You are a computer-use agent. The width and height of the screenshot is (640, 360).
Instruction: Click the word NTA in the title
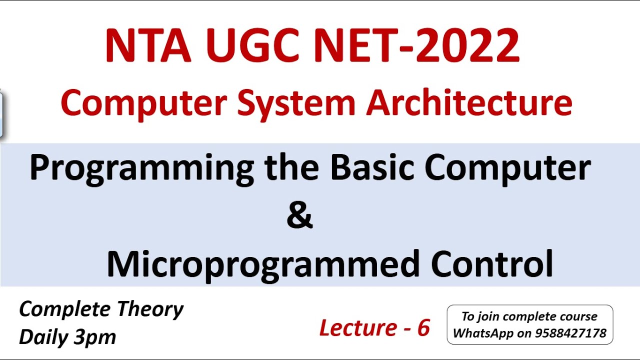pyautogui.click(x=147, y=46)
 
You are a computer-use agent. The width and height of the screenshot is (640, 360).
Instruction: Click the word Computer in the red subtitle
pyautogui.click(x=144, y=103)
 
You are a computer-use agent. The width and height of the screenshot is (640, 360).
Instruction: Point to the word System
pyautogui.click(x=296, y=103)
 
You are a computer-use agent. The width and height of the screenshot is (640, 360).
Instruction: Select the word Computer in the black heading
pyautogui.click(x=508, y=169)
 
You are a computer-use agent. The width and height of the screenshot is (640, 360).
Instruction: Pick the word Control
pyautogui.click(x=492, y=263)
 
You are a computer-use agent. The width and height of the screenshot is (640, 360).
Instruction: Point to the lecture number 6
pyautogui.click(x=423, y=328)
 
